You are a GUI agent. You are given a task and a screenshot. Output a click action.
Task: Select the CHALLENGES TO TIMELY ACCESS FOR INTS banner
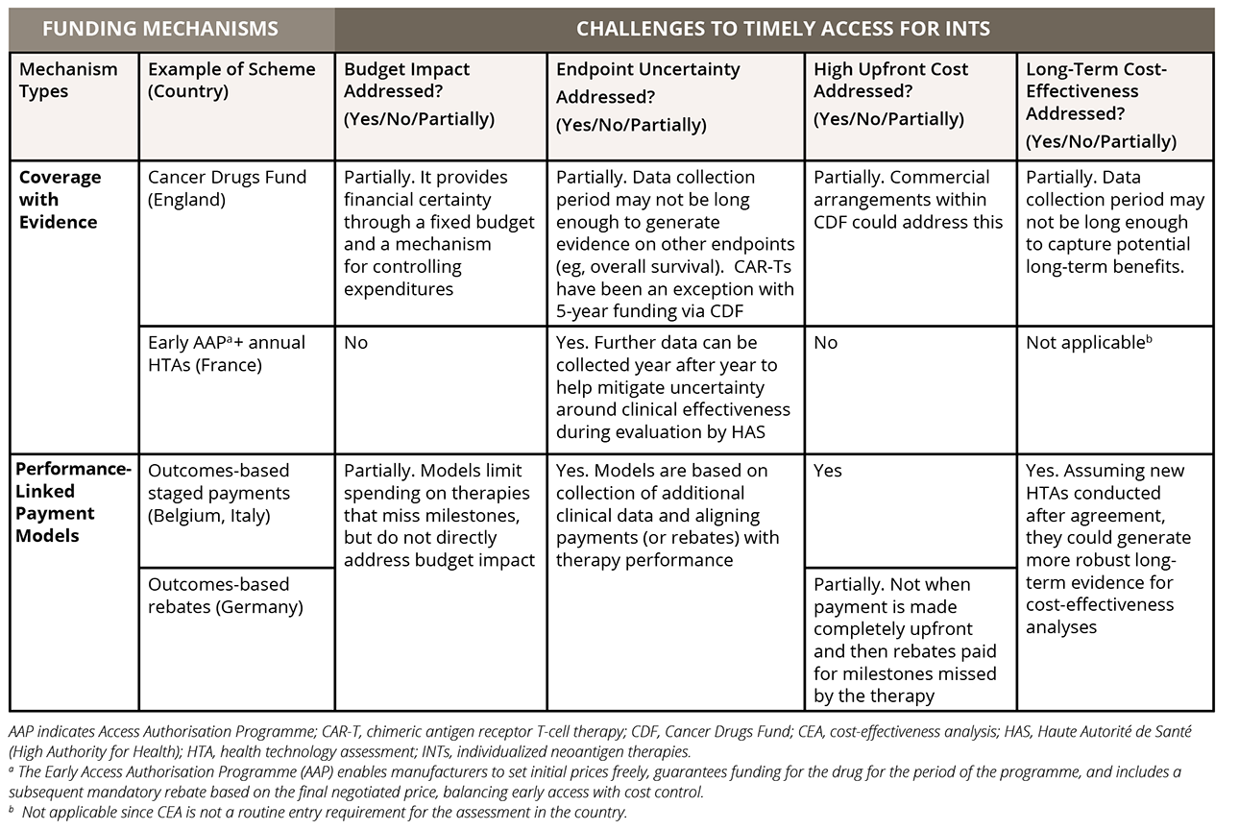pos(782,28)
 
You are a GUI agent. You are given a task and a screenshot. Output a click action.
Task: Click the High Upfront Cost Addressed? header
pos(890,93)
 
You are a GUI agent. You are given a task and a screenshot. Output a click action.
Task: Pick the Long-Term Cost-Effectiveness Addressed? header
pos(1101,105)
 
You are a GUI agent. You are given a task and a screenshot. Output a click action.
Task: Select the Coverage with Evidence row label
pos(60,200)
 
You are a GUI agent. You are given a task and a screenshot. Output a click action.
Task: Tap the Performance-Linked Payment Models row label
pos(73,502)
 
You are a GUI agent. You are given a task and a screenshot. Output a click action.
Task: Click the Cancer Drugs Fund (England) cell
pos(228,188)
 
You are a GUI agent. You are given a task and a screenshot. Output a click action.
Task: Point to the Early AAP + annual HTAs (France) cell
pos(227,354)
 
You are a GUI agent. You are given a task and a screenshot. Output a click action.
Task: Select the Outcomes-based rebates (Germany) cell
pos(224,596)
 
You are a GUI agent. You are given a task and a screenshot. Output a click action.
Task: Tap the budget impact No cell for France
pos(356,343)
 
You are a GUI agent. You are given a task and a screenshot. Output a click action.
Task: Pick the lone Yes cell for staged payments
pos(829,471)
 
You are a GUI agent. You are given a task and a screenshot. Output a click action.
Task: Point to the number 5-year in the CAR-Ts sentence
pos(587,309)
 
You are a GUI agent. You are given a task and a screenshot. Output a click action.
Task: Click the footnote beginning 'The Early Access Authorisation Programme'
pos(595,782)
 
